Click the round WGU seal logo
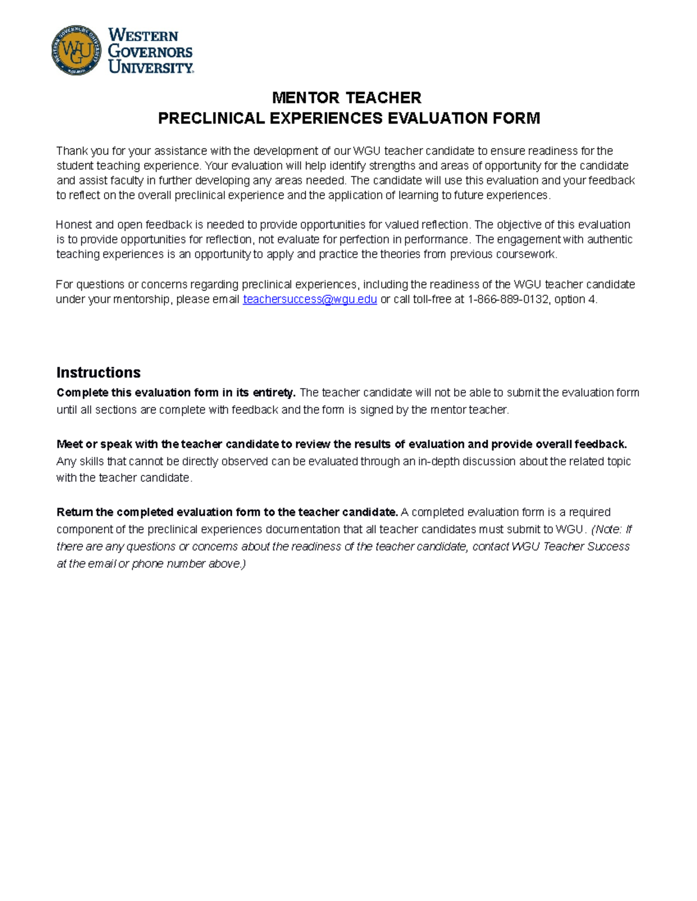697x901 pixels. (x=76, y=50)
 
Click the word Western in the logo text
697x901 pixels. (x=143, y=36)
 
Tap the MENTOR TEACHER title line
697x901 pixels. (x=347, y=97)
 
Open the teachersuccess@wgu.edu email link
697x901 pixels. (x=310, y=299)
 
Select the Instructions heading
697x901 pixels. (x=98, y=372)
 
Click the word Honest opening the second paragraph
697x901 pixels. (x=73, y=225)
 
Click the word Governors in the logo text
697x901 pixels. (x=150, y=52)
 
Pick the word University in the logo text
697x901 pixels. (x=150, y=67)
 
